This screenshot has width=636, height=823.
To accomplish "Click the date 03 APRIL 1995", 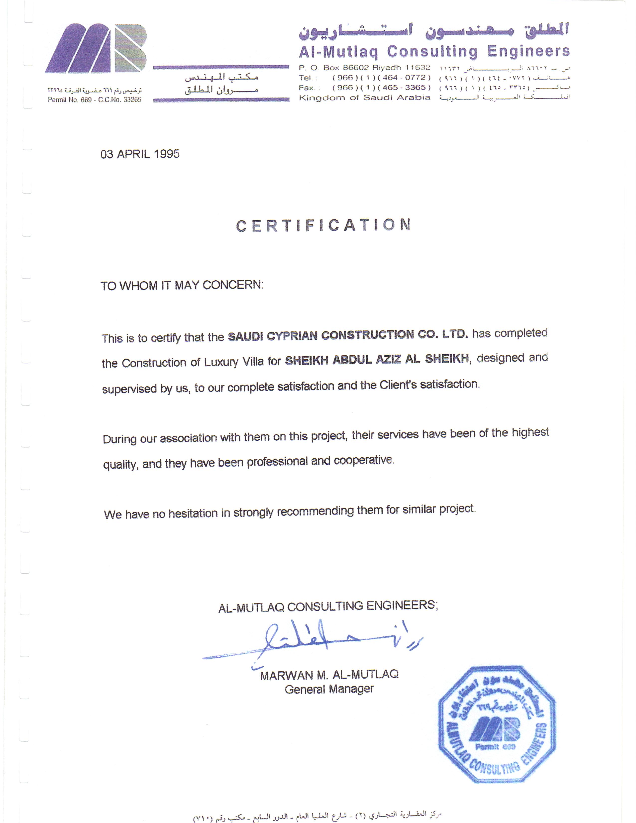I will tap(140, 154).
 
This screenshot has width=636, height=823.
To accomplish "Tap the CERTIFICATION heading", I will tap(323, 225).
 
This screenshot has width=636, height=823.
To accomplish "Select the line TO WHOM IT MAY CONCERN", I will tap(182, 285).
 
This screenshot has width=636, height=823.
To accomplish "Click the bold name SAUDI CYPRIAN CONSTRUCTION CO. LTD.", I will tap(348, 335).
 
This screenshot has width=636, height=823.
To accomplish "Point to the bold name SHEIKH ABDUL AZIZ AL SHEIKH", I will tap(377, 359).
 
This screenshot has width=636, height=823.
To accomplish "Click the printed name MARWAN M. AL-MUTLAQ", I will tap(329, 675).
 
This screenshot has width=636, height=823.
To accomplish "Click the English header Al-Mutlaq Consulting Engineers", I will tap(434, 51).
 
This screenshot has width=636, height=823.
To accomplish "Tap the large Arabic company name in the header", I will tap(434, 31).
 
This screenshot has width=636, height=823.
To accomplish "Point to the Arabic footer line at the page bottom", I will tap(317, 814).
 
